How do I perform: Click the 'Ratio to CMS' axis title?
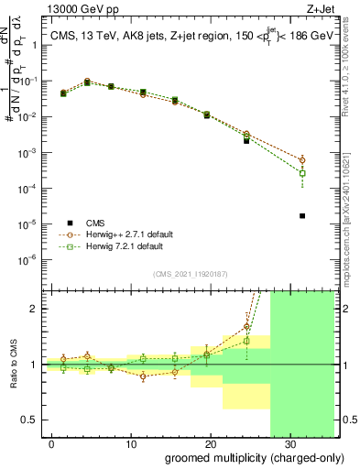(13, 364)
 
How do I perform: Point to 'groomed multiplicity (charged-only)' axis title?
(241, 458)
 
